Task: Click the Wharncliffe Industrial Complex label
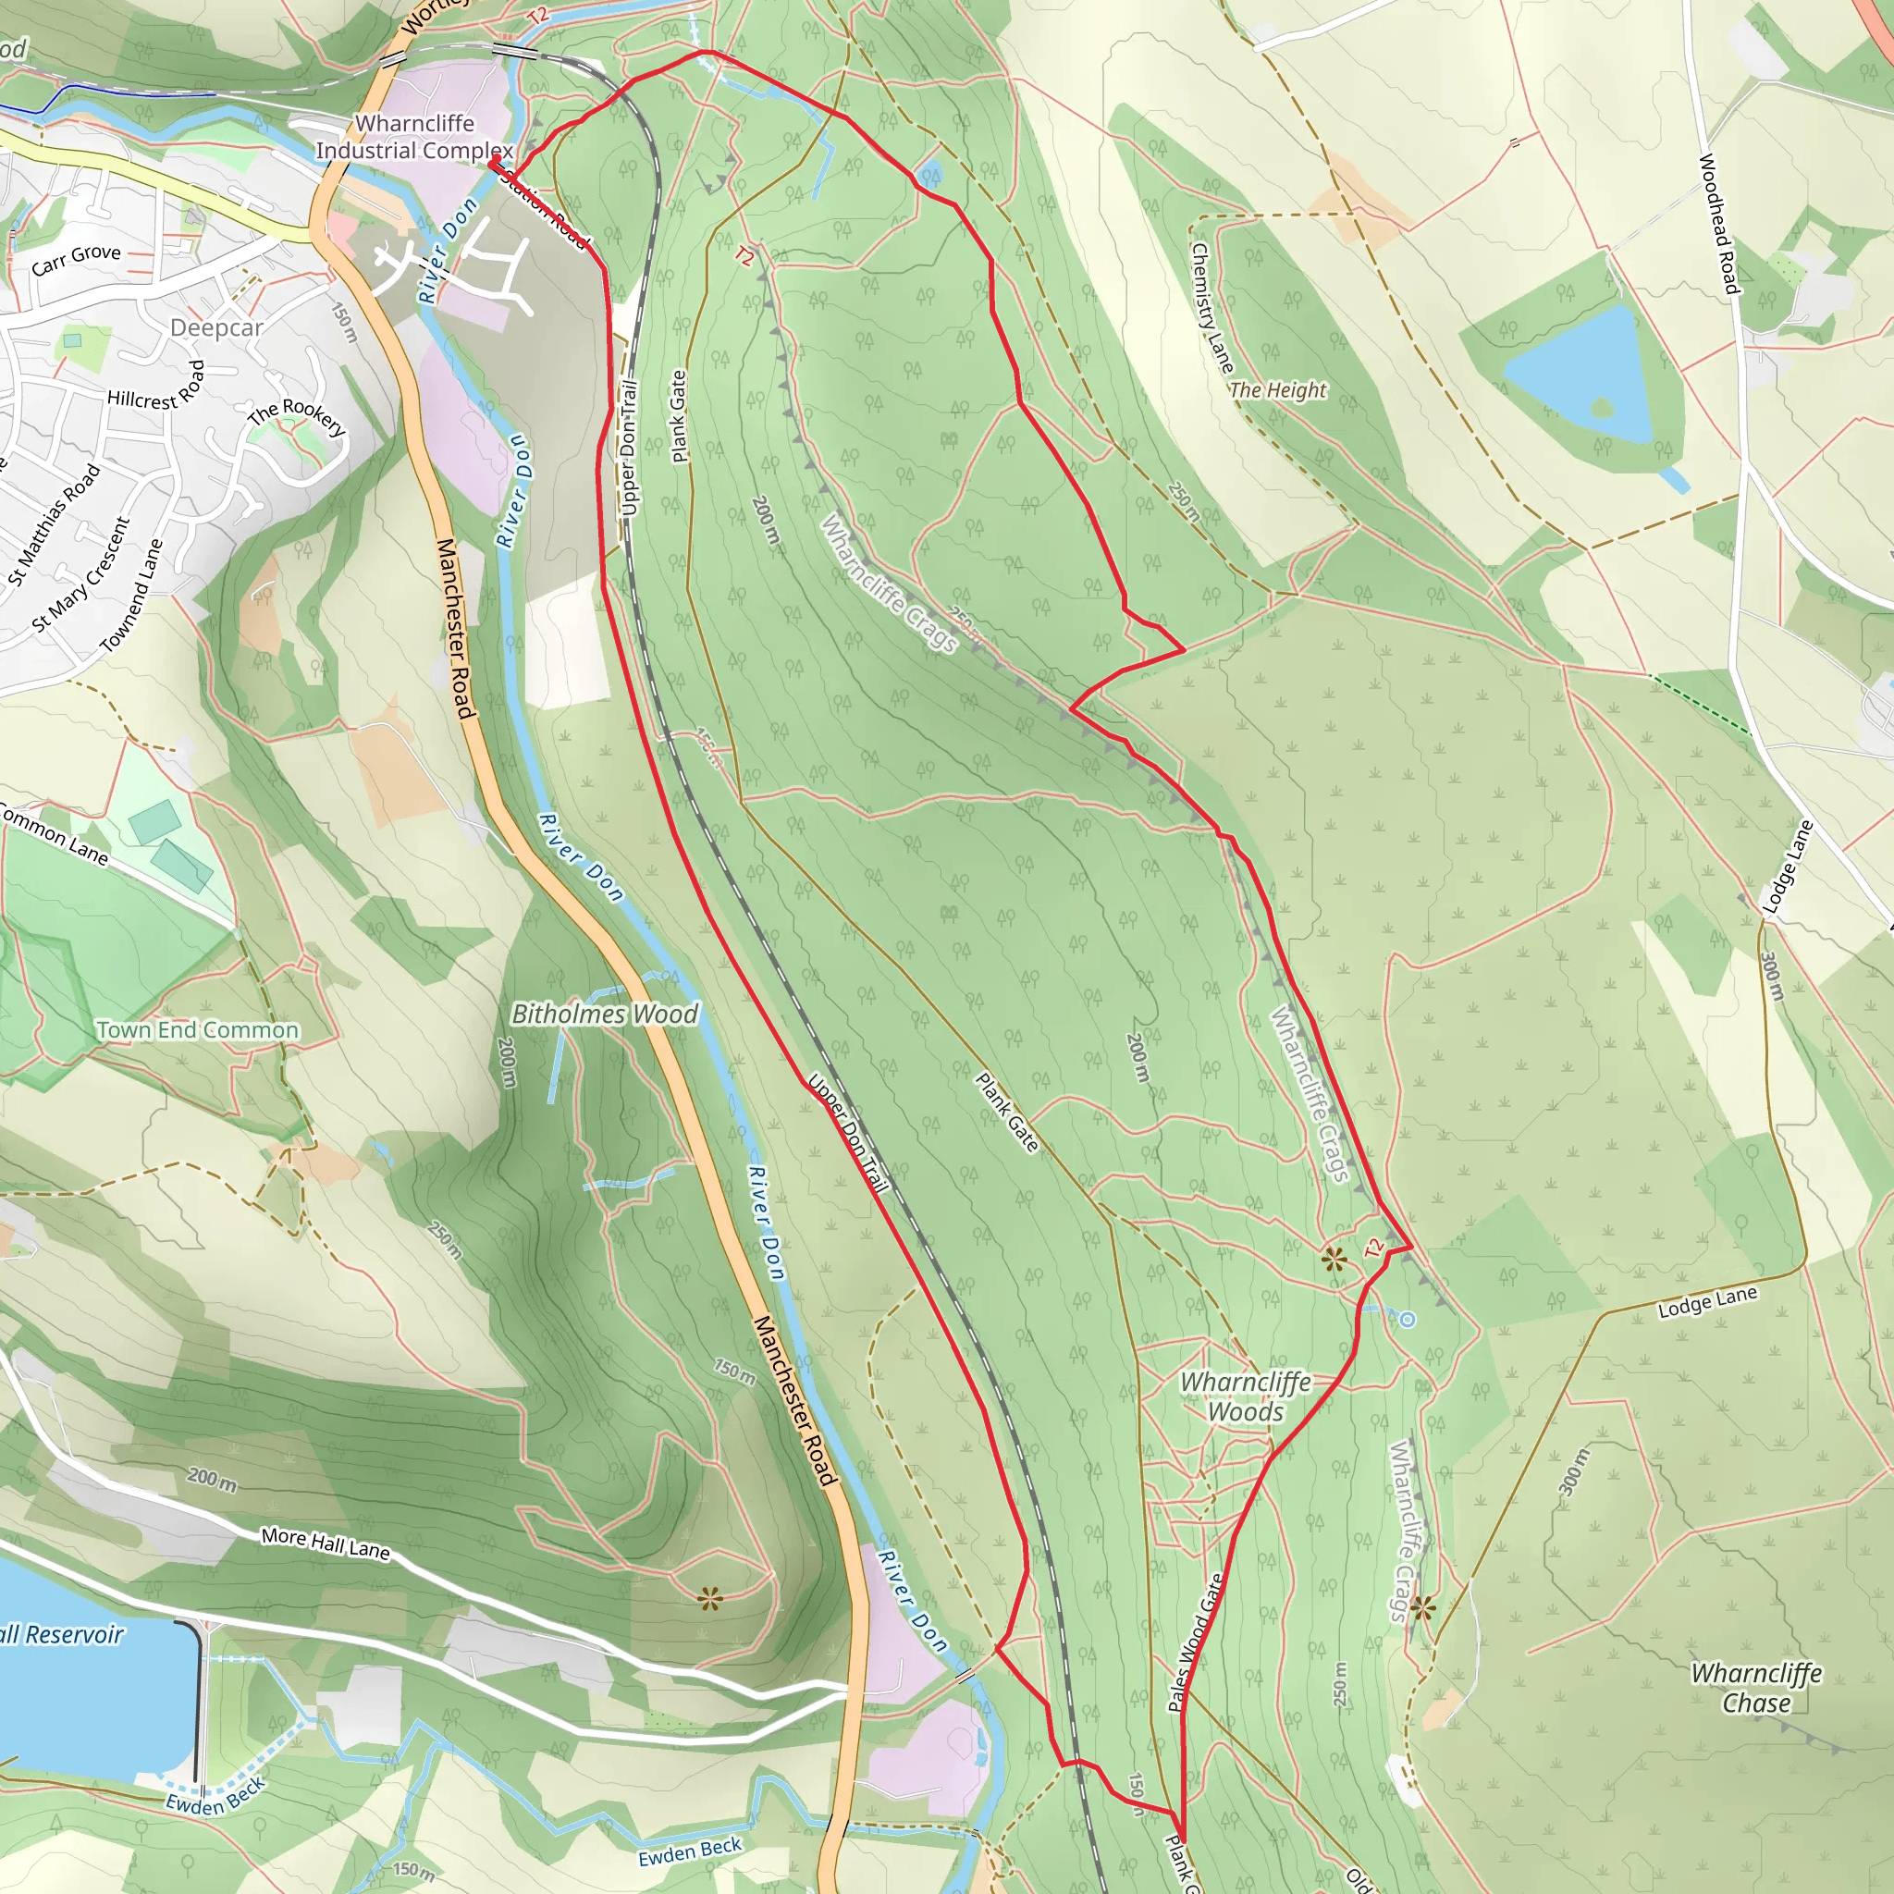pyautogui.click(x=413, y=137)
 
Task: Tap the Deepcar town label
pyautogui.click(x=216, y=327)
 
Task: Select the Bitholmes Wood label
pyautogui.click(x=605, y=1015)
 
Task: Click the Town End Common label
pyautogui.click(x=197, y=1030)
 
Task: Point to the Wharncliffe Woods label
pyautogui.click(x=1245, y=1397)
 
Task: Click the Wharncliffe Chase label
pyautogui.click(x=1756, y=1688)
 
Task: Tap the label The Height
pyautogui.click(x=1276, y=390)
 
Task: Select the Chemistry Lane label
pyautogui.click(x=1211, y=308)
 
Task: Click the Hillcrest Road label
pyautogui.click(x=157, y=387)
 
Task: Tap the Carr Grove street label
pyautogui.click(x=77, y=260)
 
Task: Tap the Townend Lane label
pyautogui.click(x=131, y=597)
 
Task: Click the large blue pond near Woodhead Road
pyautogui.click(x=1580, y=376)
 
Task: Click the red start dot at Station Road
pyautogui.click(x=496, y=159)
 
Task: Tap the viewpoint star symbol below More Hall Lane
pyautogui.click(x=711, y=1600)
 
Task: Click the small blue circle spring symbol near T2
pyautogui.click(x=1407, y=1320)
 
